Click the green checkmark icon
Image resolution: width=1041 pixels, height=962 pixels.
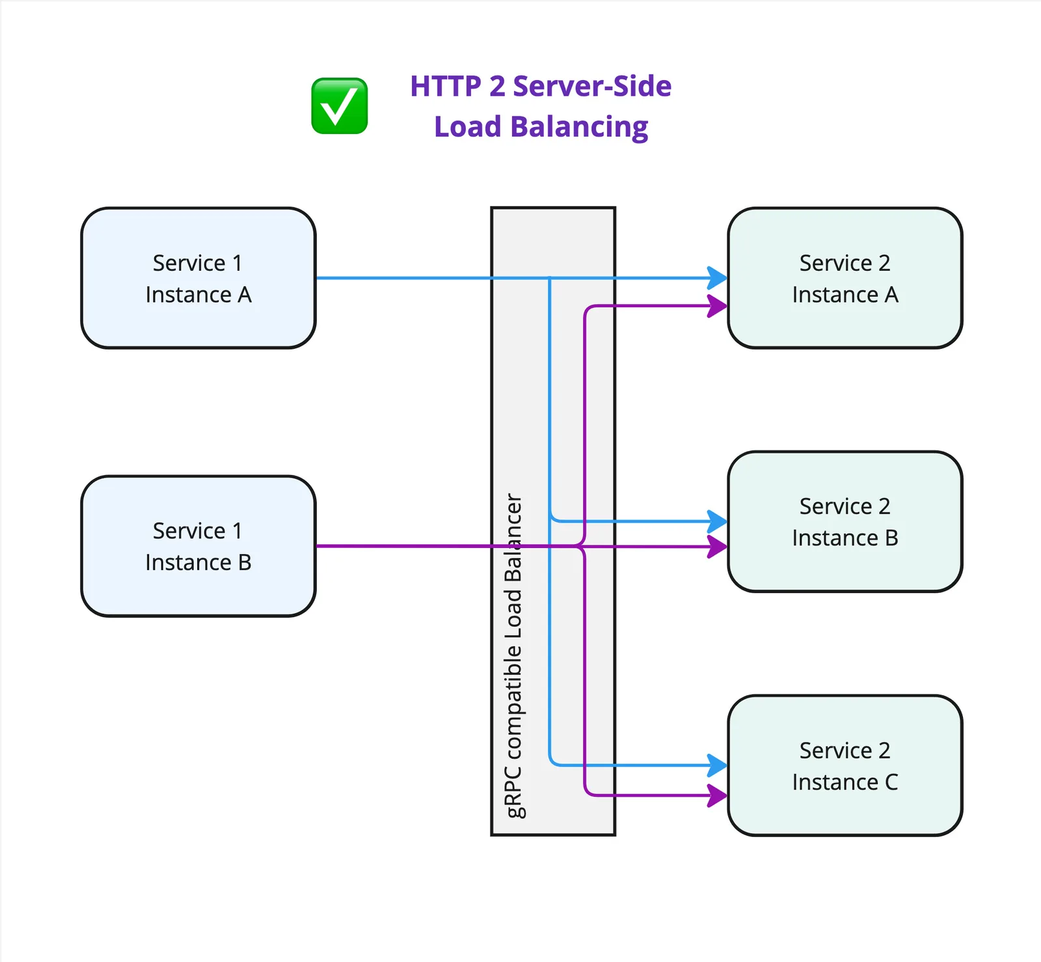point(340,106)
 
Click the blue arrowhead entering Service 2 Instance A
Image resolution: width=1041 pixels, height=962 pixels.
point(718,278)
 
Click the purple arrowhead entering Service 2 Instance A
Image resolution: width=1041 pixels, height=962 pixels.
point(718,306)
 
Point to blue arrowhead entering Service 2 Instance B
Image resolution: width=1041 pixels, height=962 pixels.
point(718,521)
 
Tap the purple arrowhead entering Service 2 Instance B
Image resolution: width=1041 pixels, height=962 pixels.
point(718,547)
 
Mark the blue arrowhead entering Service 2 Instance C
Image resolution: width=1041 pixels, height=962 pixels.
point(718,765)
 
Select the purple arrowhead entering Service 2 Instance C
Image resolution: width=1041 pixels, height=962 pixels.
point(718,795)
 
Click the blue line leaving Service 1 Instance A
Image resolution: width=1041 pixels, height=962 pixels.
point(403,278)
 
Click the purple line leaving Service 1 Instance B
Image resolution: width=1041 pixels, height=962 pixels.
point(403,546)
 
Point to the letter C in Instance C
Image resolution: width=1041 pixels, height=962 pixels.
point(891,782)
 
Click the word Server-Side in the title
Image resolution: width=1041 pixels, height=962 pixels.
point(592,87)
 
